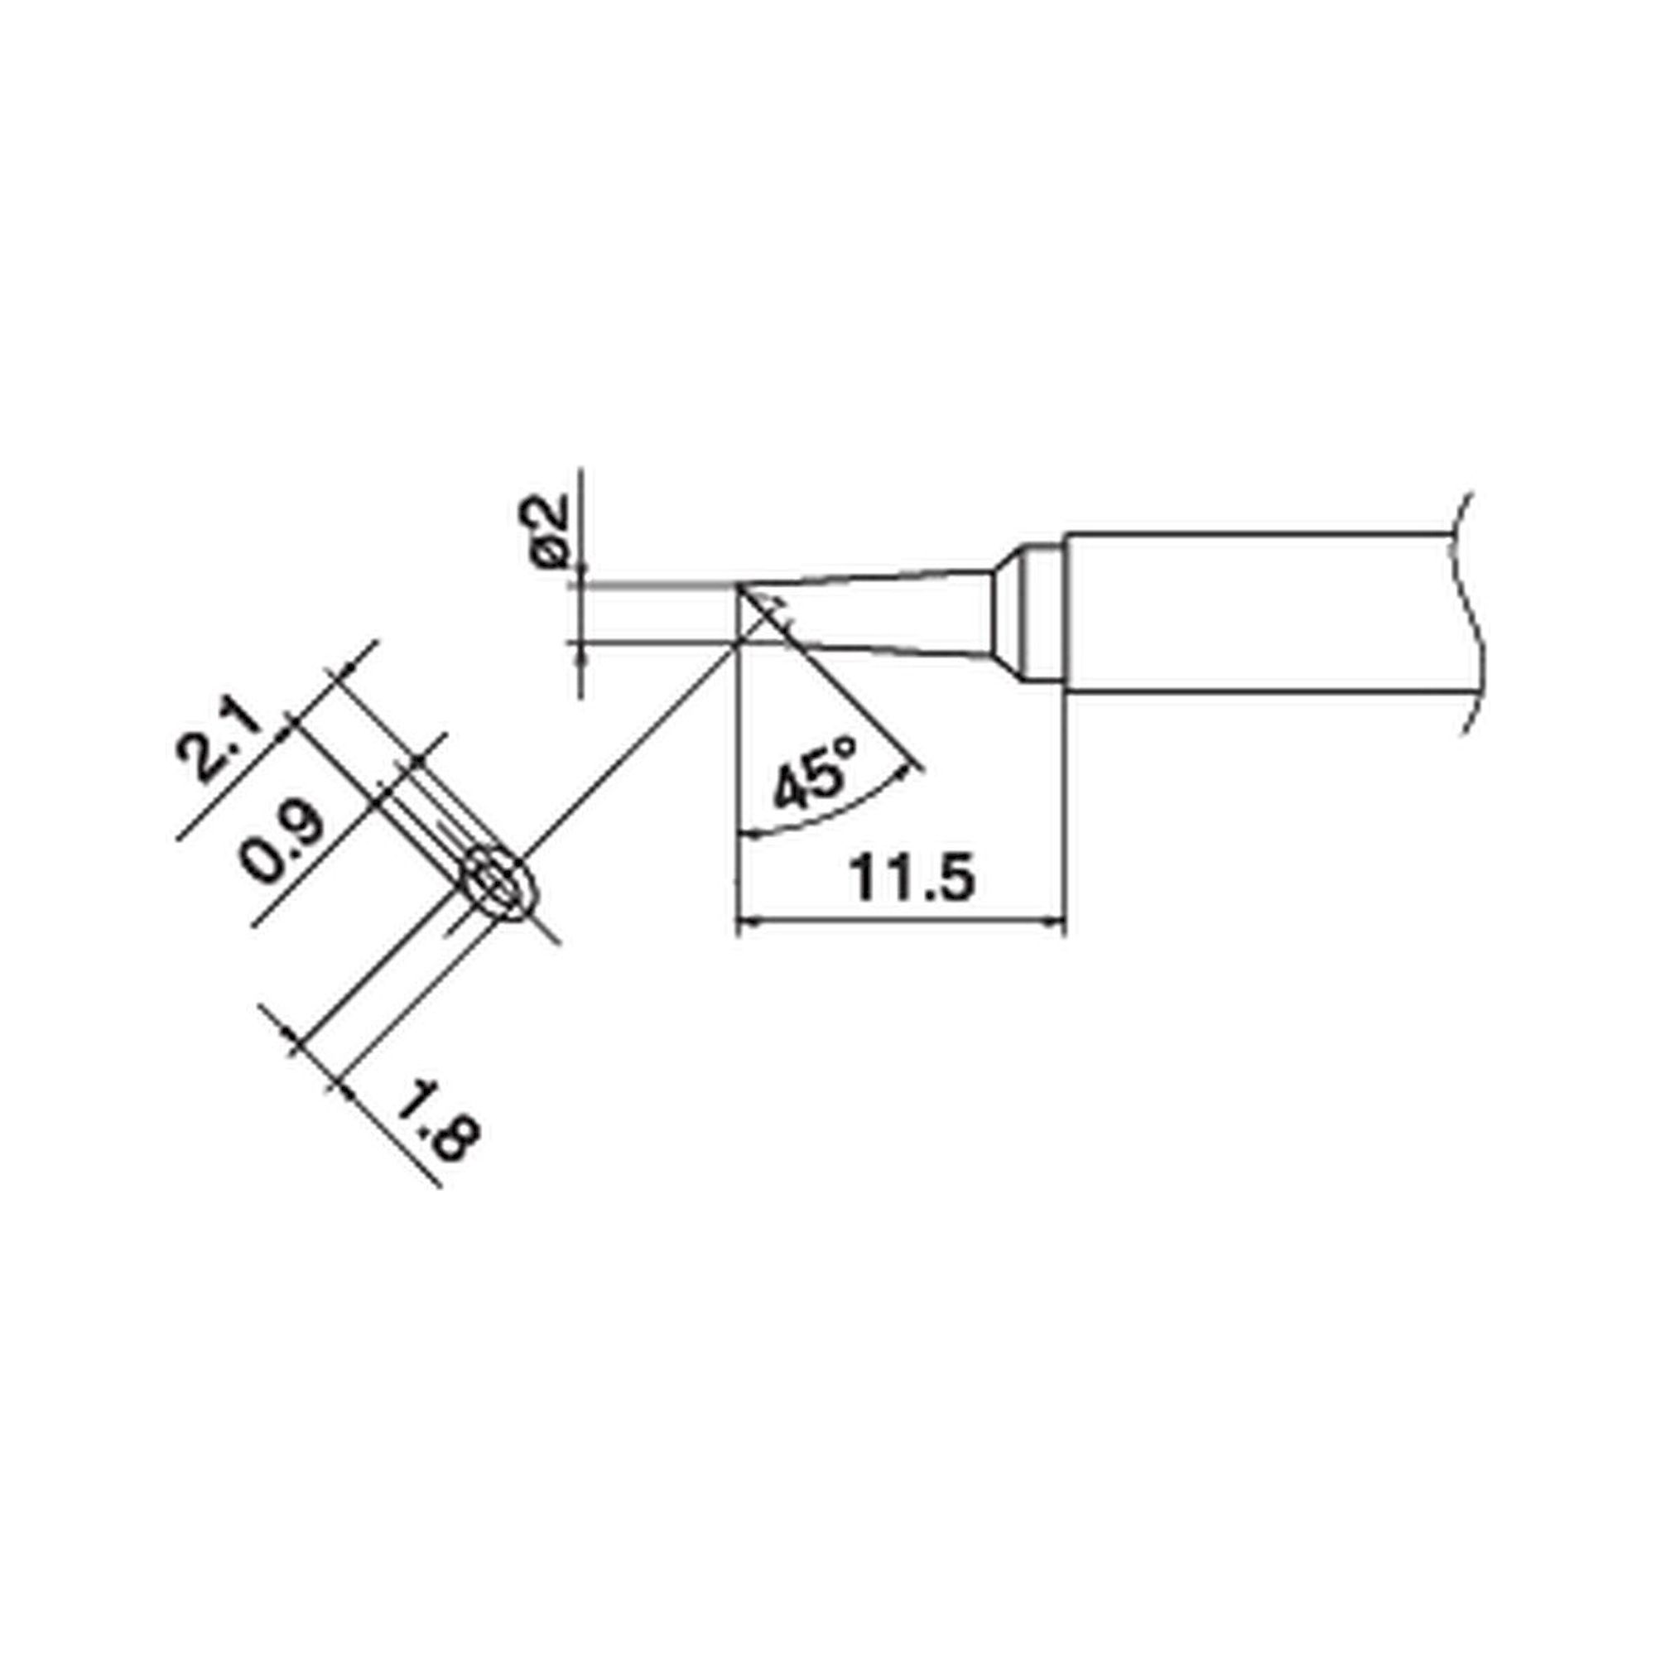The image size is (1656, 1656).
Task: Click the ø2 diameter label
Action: [x=545, y=529]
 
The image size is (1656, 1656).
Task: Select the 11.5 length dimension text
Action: [x=912, y=879]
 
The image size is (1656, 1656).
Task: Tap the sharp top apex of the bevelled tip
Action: [x=738, y=585]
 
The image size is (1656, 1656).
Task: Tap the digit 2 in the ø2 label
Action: [x=545, y=512]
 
